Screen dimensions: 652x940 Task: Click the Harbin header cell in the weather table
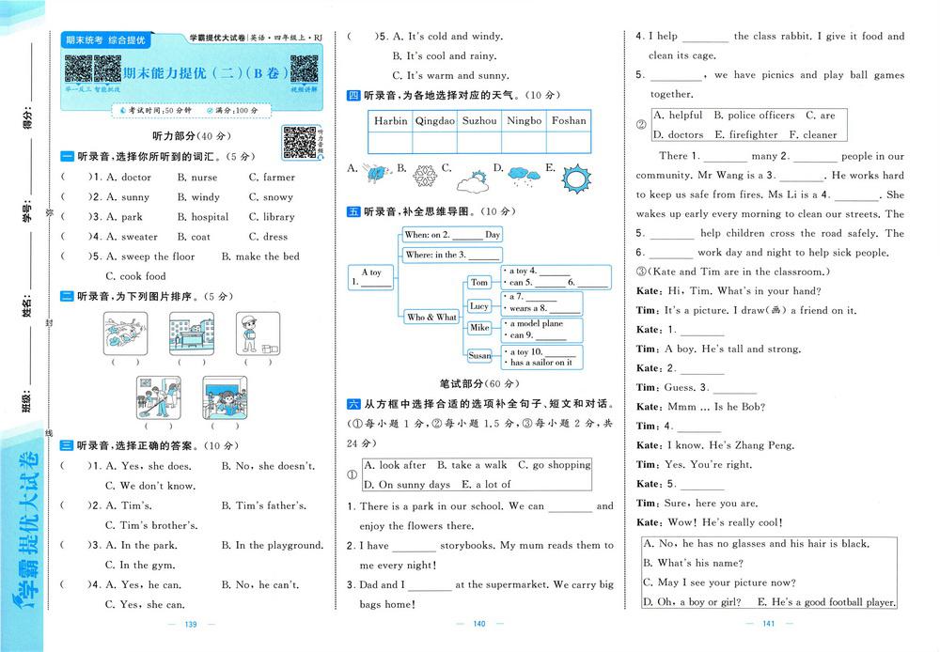click(x=390, y=121)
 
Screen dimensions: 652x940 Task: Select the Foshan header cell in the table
click(x=569, y=121)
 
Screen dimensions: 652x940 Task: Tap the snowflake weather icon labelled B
click(x=426, y=177)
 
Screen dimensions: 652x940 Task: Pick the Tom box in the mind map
click(x=479, y=282)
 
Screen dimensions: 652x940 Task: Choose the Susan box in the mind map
click(x=479, y=356)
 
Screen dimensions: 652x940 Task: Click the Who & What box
click(x=431, y=318)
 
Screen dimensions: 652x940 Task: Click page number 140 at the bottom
click(x=478, y=625)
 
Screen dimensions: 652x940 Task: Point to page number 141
click(x=768, y=625)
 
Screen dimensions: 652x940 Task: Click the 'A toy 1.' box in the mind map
click(x=370, y=277)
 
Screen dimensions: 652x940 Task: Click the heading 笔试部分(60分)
click(x=478, y=384)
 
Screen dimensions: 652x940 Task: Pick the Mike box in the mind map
click(x=479, y=328)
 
